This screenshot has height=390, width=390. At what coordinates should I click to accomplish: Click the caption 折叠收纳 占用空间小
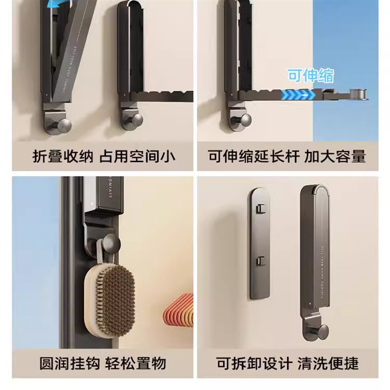coord(104,156)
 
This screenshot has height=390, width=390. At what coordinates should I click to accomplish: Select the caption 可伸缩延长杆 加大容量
coord(287,156)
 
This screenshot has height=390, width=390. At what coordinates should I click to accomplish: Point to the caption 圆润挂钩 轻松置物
coord(103,363)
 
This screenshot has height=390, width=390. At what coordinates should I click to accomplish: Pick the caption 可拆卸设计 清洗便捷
coord(288,363)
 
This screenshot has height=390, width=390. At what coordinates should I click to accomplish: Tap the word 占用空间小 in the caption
coord(138,156)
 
